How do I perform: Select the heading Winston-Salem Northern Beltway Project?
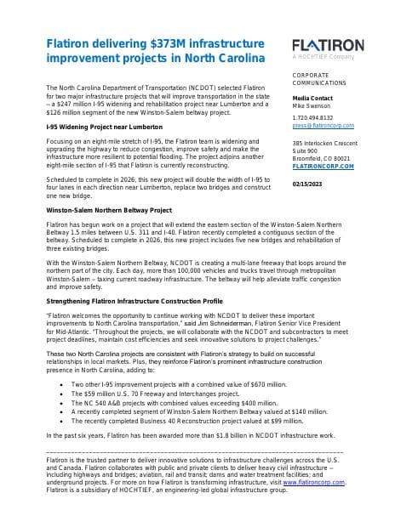[x=108, y=208]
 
